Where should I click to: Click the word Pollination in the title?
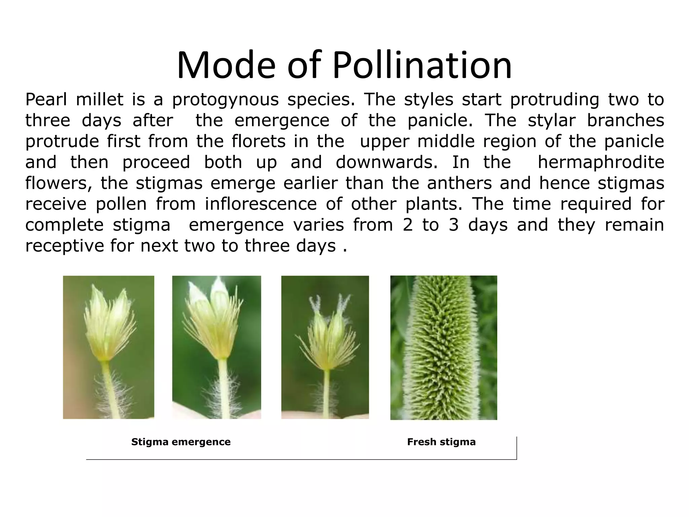422,65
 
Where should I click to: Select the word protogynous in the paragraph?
225,100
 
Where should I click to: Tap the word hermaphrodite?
601,162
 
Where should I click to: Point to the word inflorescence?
261,204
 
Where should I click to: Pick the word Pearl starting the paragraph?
46,100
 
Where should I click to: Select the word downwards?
387,162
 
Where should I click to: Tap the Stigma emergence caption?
181,442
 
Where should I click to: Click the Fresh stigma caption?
441,442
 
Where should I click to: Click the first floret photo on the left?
108,347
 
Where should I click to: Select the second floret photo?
216,347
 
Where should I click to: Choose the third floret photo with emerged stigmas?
325,347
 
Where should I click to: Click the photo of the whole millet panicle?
443,347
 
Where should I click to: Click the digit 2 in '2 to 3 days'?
407,225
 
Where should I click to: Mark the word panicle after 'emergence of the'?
440,120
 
